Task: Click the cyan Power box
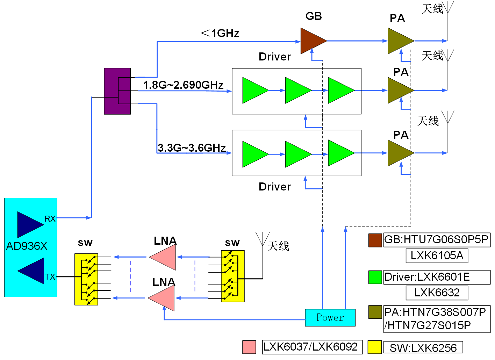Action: click(330, 318)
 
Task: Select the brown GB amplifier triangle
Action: click(312, 41)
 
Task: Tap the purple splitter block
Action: click(117, 91)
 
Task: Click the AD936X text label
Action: click(27, 246)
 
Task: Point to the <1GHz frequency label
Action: click(220, 33)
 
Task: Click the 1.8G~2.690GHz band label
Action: click(183, 85)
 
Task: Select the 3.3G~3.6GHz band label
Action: click(192, 148)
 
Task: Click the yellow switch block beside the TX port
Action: click(86, 279)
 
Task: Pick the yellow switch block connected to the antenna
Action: click(232, 276)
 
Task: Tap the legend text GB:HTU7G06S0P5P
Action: click(436, 240)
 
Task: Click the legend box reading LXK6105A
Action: click(437, 255)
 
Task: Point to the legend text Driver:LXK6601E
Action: click(427, 277)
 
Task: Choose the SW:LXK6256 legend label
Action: click(423, 348)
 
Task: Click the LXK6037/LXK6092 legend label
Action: click(310, 347)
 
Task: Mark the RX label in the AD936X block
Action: click(50, 219)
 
